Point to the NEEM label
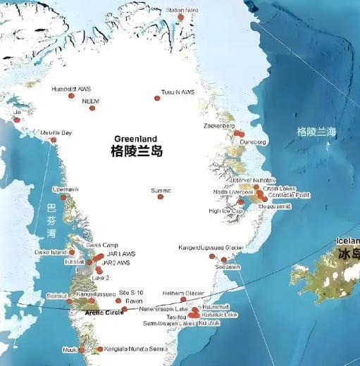(91, 101)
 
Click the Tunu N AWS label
(177, 92)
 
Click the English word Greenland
(137, 139)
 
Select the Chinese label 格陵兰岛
(137, 151)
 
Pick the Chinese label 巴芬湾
(51, 220)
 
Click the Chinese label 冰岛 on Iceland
(347, 254)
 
